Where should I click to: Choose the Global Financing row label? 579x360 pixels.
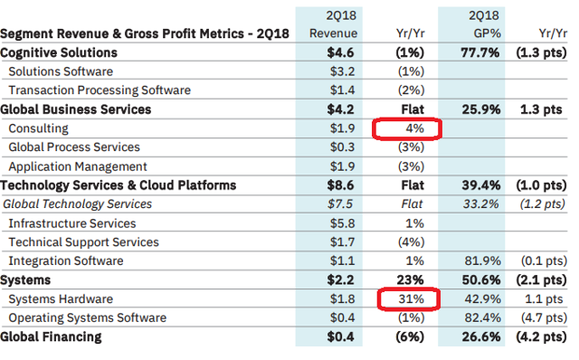click(x=52, y=337)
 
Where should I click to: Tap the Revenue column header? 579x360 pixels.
click(x=327, y=33)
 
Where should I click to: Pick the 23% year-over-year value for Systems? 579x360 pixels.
click(x=409, y=279)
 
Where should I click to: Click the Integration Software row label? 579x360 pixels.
click(x=65, y=261)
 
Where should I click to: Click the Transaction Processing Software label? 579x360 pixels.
click(x=99, y=90)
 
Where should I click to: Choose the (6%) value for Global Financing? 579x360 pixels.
click(x=409, y=337)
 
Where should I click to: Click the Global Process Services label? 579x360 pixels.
click(x=74, y=147)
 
